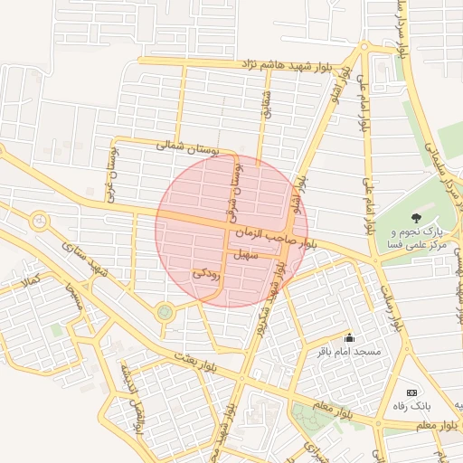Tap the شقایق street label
(x=267, y=100)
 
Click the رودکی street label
(x=206, y=271)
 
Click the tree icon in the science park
(x=416, y=217)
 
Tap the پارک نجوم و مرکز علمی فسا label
(x=417, y=239)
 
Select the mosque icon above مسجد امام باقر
(x=350, y=337)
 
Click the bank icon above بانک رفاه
(x=412, y=392)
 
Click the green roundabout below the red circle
(x=165, y=312)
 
